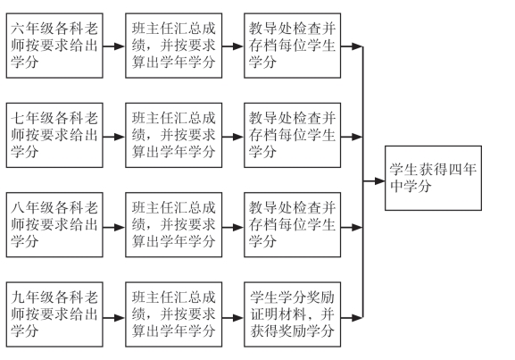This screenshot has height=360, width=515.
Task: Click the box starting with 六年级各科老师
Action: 54,46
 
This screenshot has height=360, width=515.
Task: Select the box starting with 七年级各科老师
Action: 54,135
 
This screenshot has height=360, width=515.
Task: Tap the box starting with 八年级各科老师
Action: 54,225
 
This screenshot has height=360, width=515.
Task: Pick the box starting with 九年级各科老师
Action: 54,314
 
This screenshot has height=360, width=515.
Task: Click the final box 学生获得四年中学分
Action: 433,178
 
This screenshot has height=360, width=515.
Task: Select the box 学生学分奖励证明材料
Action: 293,314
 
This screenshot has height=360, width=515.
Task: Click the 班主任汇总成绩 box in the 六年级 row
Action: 174,46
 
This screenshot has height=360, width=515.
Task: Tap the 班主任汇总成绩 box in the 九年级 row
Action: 174,314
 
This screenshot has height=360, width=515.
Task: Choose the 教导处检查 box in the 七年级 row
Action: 293,135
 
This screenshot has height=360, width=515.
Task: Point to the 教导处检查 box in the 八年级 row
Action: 293,225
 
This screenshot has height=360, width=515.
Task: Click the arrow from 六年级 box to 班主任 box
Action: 114,46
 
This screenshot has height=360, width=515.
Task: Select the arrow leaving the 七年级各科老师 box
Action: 114,137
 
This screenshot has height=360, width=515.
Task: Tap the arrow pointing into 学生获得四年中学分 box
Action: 374,180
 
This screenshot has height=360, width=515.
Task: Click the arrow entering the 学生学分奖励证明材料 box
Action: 233,318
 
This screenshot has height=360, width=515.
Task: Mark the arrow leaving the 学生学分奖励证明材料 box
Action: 352,318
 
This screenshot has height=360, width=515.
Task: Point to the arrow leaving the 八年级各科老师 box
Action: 114,227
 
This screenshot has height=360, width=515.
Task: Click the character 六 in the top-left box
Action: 18,29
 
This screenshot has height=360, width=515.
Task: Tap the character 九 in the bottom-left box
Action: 18,297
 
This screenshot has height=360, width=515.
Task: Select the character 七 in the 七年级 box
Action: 18,118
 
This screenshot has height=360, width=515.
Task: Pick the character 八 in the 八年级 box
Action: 18,208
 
